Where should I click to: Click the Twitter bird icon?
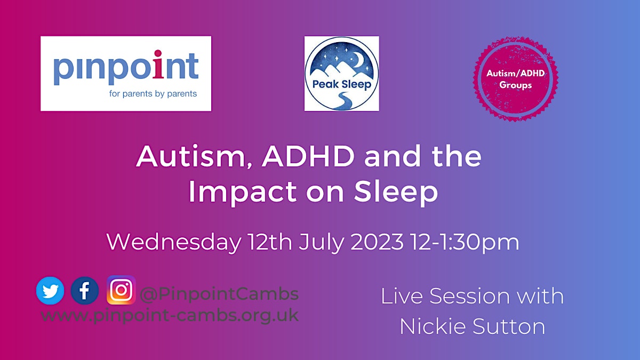tap(50, 290)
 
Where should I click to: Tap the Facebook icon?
tap(85, 290)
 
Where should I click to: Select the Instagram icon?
tap(121, 290)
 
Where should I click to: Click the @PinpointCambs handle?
tap(219, 294)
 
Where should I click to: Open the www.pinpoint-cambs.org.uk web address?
tap(170, 315)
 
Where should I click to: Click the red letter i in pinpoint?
tap(158, 64)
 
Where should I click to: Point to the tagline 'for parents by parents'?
tap(153, 94)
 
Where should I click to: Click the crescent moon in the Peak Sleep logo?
tap(358, 59)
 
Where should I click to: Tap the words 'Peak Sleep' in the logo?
tap(342, 84)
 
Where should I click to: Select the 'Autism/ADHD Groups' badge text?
tap(515, 79)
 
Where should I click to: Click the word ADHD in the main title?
tap(308, 156)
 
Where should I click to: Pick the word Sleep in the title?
tap(396, 192)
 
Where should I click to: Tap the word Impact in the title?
tap(243, 192)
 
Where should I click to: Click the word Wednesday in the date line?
tap(174, 242)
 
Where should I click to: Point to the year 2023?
tap(377, 242)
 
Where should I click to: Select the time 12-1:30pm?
tap(465, 243)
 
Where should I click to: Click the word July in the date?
tap(321, 243)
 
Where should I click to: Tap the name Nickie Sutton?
tap(473, 326)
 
